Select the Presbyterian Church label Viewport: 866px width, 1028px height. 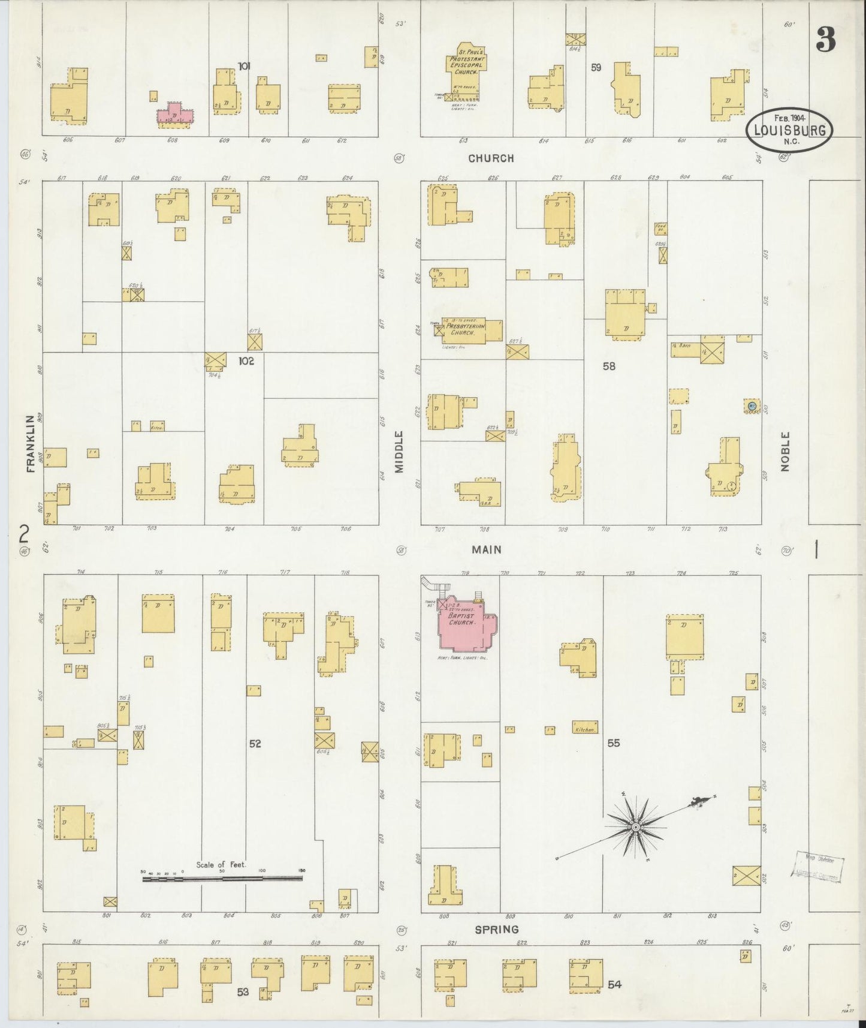pyautogui.click(x=463, y=329)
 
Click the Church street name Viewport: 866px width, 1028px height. pyautogui.click(x=491, y=158)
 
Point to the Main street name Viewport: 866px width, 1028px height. pyautogui.click(x=486, y=549)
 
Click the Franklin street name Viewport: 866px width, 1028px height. pyautogui.click(x=31, y=443)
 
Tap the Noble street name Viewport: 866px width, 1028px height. pyautogui.click(x=785, y=451)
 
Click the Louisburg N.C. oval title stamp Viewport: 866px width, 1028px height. pyautogui.click(x=789, y=129)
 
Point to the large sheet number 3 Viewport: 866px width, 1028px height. pyautogui.click(x=825, y=40)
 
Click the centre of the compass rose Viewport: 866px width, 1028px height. pyautogui.click(x=635, y=828)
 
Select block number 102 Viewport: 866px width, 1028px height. pyautogui.click(x=246, y=361)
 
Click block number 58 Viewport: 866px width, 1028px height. pyautogui.click(x=609, y=366)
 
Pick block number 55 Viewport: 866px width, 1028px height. pyautogui.click(x=613, y=743)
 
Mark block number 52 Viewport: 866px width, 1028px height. pyautogui.click(x=255, y=743)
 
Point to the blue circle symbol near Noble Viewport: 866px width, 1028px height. pyautogui.click(x=752, y=406)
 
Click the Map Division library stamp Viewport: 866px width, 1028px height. pyautogui.click(x=818, y=867)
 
